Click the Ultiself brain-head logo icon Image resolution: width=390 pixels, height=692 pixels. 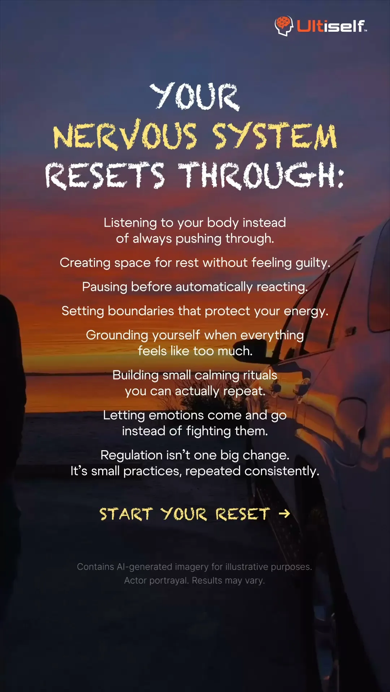point(283,26)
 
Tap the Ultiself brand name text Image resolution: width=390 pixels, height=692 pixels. point(331,26)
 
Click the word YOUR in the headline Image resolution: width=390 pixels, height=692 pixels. point(195,96)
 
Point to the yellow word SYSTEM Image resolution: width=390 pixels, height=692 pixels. point(274,136)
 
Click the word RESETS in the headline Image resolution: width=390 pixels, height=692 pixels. point(105,176)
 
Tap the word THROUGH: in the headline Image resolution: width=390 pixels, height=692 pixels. point(261,176)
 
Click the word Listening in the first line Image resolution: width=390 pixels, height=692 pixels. point(130,223)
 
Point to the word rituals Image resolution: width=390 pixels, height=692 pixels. point(260,375)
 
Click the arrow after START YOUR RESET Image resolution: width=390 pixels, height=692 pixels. point(285,514)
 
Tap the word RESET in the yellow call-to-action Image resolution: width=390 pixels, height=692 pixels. point(243,514)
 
